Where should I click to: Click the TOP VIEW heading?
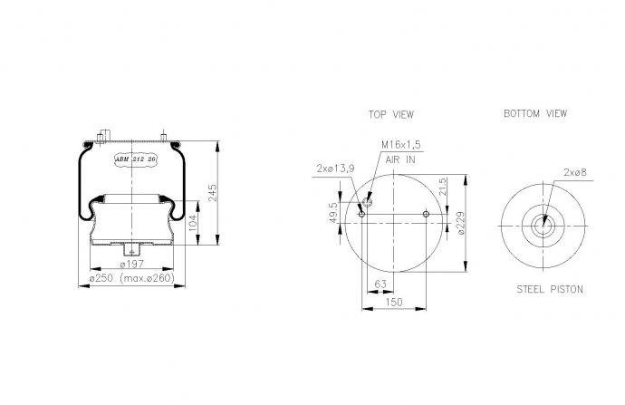[x=391, y=114]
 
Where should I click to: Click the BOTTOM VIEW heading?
[x=535, y=113]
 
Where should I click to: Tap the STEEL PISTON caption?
[x=550, y=289]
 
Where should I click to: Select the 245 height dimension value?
[x=213, y=193]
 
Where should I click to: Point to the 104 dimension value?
[x=193, y=223]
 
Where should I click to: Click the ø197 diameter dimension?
[x=132, y=264]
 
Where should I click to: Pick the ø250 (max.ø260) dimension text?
[x=132, y=278]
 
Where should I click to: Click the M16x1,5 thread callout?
[x=401, y=145]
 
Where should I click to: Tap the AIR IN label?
[x=400, y=159]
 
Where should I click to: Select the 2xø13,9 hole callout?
[x=336, y=169]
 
